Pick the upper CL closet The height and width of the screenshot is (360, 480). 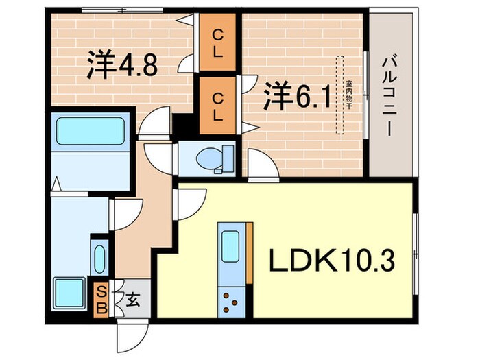coord(217,43)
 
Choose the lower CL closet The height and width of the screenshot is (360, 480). coord(217,105)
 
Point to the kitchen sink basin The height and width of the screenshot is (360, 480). coord(230,243)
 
